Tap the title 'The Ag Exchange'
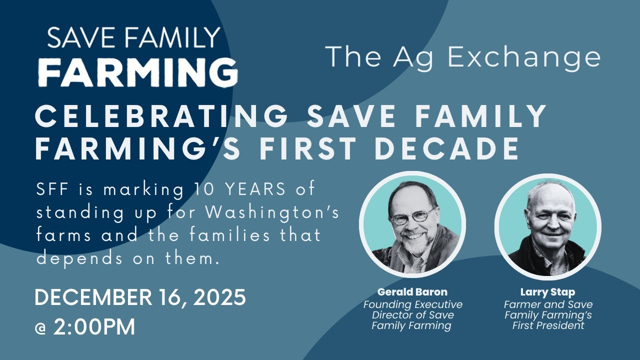pos(462,57)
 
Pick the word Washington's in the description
pos(270,212)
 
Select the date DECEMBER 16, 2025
pos(140,298)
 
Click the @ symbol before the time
pos(41,328)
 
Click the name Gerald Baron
pos(412,292)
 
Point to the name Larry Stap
pos(548,292)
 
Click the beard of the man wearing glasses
pos(412,245)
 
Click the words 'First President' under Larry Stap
pos(548,325)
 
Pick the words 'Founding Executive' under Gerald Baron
pos(412,304)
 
